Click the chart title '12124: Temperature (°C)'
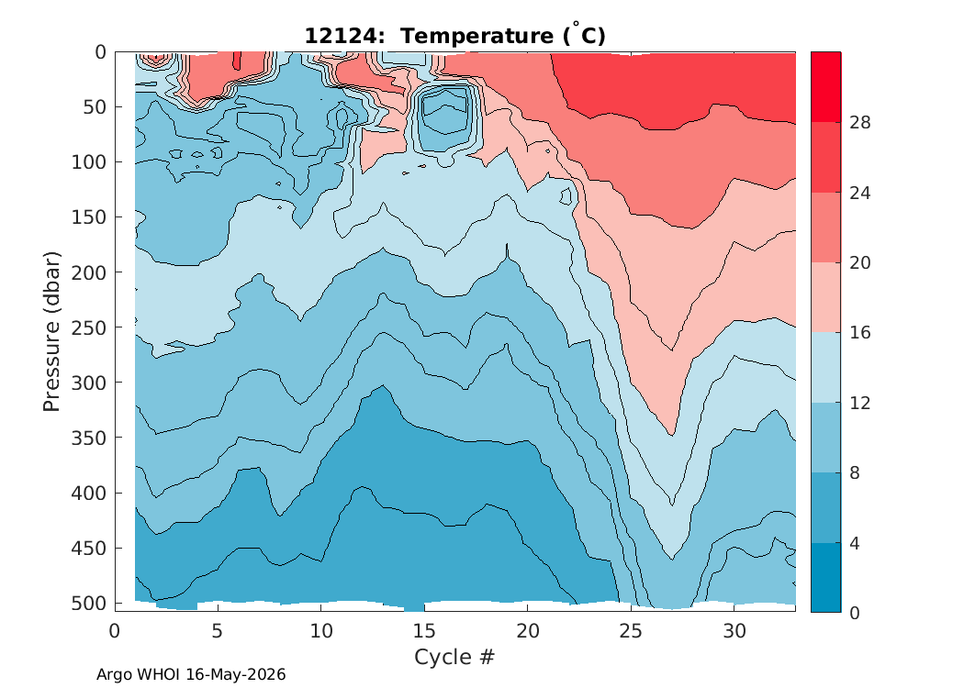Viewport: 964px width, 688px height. pyautogui.click(x=455, y=35)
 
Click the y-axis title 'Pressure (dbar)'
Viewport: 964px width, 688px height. pyautogui.click(x=51, y=331)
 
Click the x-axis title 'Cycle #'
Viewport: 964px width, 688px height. pyautogui.click(x=454, y=657)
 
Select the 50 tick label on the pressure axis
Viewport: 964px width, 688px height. pyautogui.click(x=95, y=107)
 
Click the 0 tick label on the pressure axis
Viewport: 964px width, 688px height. pyautogui.click(x=100, y=52)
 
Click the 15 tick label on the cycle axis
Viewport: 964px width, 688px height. pyautogui.click(x=424, y=631)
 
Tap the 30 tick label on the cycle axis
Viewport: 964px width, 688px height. pyautogui.click(x=734, y=631)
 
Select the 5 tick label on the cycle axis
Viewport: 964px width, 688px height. pyautogui.click(x=218, y=631)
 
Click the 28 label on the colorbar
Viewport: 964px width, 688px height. pyautogui.click(x=860, y=123)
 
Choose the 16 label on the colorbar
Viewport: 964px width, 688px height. pyautogui.click(x=860, y=333)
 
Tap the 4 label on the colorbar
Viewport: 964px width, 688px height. pyautogui.click(x=855, y=543)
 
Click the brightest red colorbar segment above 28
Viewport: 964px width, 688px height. pyautogui.click(x=825, y=87)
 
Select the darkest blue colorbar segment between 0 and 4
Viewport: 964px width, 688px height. pyautogui.click(x=825, y=577)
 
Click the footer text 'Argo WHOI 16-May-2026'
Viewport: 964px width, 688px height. pyautogui.click(x=191, y=674)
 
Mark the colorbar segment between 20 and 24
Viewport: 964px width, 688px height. pyautogui.click(x=825, y=227)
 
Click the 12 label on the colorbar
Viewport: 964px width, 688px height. pyautogui.click(x=860, y=403)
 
